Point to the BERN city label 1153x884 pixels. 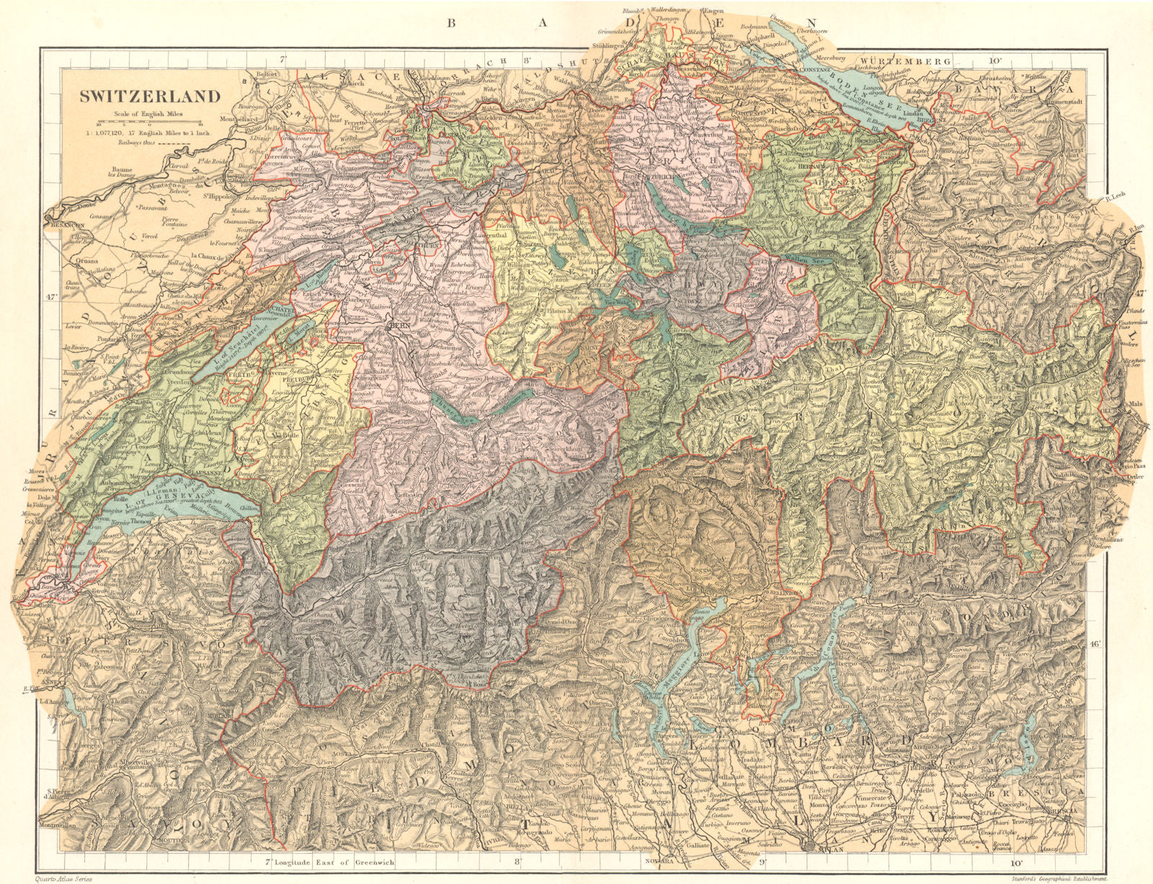click(x=399, y=326)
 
